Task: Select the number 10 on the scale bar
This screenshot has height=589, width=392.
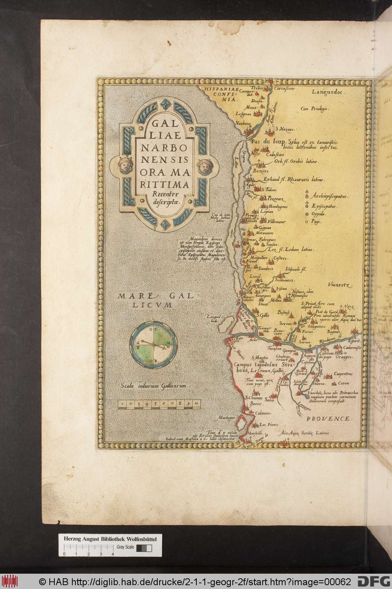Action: [196, 403]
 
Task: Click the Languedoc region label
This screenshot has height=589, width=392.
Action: [328, 92]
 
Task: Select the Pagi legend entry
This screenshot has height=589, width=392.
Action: [316, 221]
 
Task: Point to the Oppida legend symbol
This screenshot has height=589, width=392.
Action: [306, 213]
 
